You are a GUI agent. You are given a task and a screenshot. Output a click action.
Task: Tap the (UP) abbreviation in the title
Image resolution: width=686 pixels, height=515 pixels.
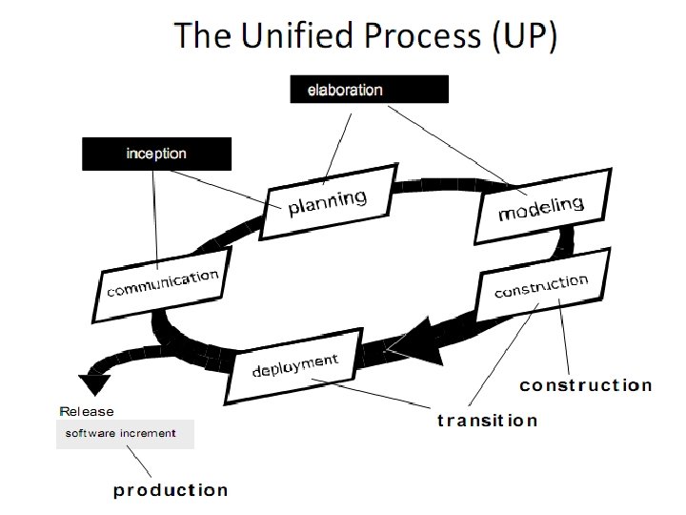[523, 37]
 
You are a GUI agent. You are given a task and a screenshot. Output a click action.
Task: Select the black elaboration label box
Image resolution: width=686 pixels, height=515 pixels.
[369, 90]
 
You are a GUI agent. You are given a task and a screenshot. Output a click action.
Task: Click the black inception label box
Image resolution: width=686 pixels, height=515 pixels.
[156, 154]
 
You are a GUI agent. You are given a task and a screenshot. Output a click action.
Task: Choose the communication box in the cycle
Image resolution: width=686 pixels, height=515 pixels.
[163, 283]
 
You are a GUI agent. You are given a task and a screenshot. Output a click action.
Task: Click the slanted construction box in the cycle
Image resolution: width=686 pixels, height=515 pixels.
[541, 286]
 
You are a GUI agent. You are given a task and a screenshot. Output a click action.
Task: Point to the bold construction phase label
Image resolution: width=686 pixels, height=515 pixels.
[586, 385]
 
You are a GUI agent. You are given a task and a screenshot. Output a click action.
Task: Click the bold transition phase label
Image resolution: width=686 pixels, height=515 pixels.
[487, 421]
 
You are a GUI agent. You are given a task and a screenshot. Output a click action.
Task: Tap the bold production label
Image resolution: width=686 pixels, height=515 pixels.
[171, 490]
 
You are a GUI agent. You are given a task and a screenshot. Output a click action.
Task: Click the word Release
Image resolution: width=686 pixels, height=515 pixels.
[87, 412]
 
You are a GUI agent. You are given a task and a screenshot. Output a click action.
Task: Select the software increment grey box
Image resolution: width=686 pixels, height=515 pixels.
[125, 434]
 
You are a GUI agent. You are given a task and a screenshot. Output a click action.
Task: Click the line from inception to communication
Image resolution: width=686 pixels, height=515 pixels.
[153, 219]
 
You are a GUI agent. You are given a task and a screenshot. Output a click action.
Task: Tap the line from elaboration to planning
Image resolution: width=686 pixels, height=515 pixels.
[339, 143]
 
